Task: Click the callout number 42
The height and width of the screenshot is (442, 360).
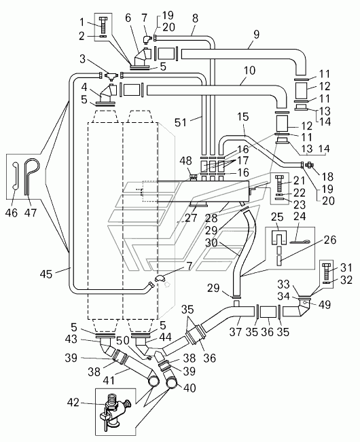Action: (x=73, y=403)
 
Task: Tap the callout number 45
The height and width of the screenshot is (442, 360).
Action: (x=46, y=273)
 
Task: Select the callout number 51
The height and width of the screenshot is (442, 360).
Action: (x=181, y=122)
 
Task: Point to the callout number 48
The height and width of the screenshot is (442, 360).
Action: (x=185, y=161)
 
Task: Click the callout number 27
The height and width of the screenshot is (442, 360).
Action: (x=190, y=218)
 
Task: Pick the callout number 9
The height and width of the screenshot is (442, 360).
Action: (x=256, y=35)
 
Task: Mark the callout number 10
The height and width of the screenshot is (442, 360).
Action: (x=249, y=70)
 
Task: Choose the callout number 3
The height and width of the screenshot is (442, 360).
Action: (x=82, y=60)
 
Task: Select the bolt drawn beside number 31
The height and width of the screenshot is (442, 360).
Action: (x=327, y=271)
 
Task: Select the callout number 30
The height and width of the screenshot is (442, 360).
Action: (x=211, y=242)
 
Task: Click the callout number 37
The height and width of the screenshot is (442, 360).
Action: (x=236, y=331)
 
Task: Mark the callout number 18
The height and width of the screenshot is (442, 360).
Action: (x=327, y=177)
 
